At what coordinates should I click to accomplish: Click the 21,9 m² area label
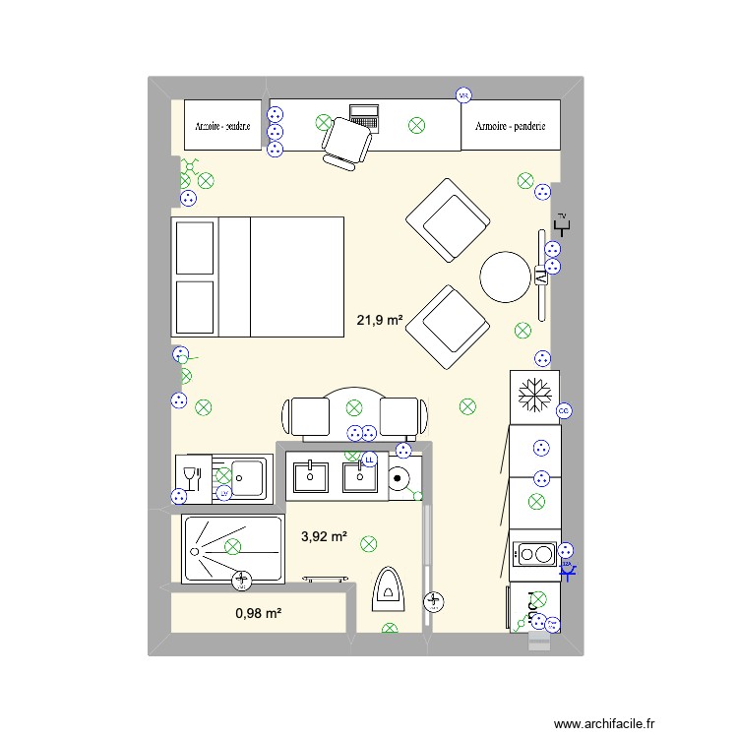(x=380, y=320)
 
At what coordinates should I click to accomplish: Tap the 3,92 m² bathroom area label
(x=324, y=536)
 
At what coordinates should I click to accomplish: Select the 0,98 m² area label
(x=259, y=613)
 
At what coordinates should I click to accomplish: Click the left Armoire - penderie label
(x=223, y=126)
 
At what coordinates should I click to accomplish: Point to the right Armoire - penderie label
(x=510, y=126)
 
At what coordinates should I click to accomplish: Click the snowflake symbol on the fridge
(x=535, y=395)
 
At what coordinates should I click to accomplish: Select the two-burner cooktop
(x=534, y=555)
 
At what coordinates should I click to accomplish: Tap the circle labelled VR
(x=463, y=95)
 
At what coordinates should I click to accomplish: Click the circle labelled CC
(x=564, y=410)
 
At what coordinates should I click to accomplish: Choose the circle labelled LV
(x=224, y=493)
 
